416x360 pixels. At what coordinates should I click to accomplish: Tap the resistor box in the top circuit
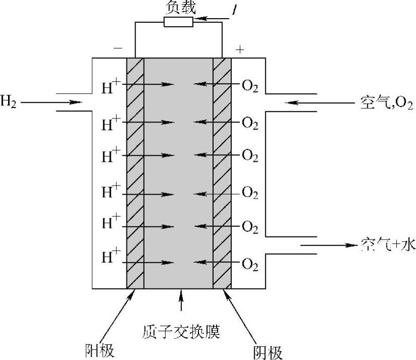tap(178, 22)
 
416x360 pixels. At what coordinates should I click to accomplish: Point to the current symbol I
tap(235, 10)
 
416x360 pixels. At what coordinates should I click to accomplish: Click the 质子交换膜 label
tap(181, 333)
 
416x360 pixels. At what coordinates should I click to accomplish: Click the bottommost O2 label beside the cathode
tap(250, 263)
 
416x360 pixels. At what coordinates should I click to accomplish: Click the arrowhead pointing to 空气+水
tap(351, 246)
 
